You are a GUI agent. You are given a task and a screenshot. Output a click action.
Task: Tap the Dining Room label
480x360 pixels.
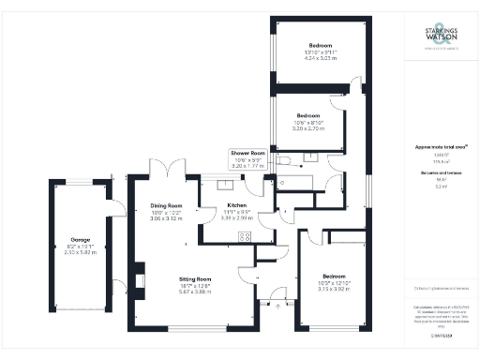pos(166,205)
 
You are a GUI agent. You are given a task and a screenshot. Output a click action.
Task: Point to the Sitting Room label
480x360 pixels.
pos(197,278)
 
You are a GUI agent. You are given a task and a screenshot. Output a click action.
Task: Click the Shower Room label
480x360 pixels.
pos(247,152)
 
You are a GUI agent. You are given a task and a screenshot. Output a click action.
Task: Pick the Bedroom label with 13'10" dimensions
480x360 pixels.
pos(322,45)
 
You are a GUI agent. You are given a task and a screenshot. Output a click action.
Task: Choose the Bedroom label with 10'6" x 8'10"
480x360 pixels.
pos(309,115)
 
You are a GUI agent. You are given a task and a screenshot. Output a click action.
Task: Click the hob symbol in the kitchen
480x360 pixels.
pos(245,237)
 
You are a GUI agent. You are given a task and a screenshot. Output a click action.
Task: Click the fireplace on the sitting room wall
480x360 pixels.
pos(139,279)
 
